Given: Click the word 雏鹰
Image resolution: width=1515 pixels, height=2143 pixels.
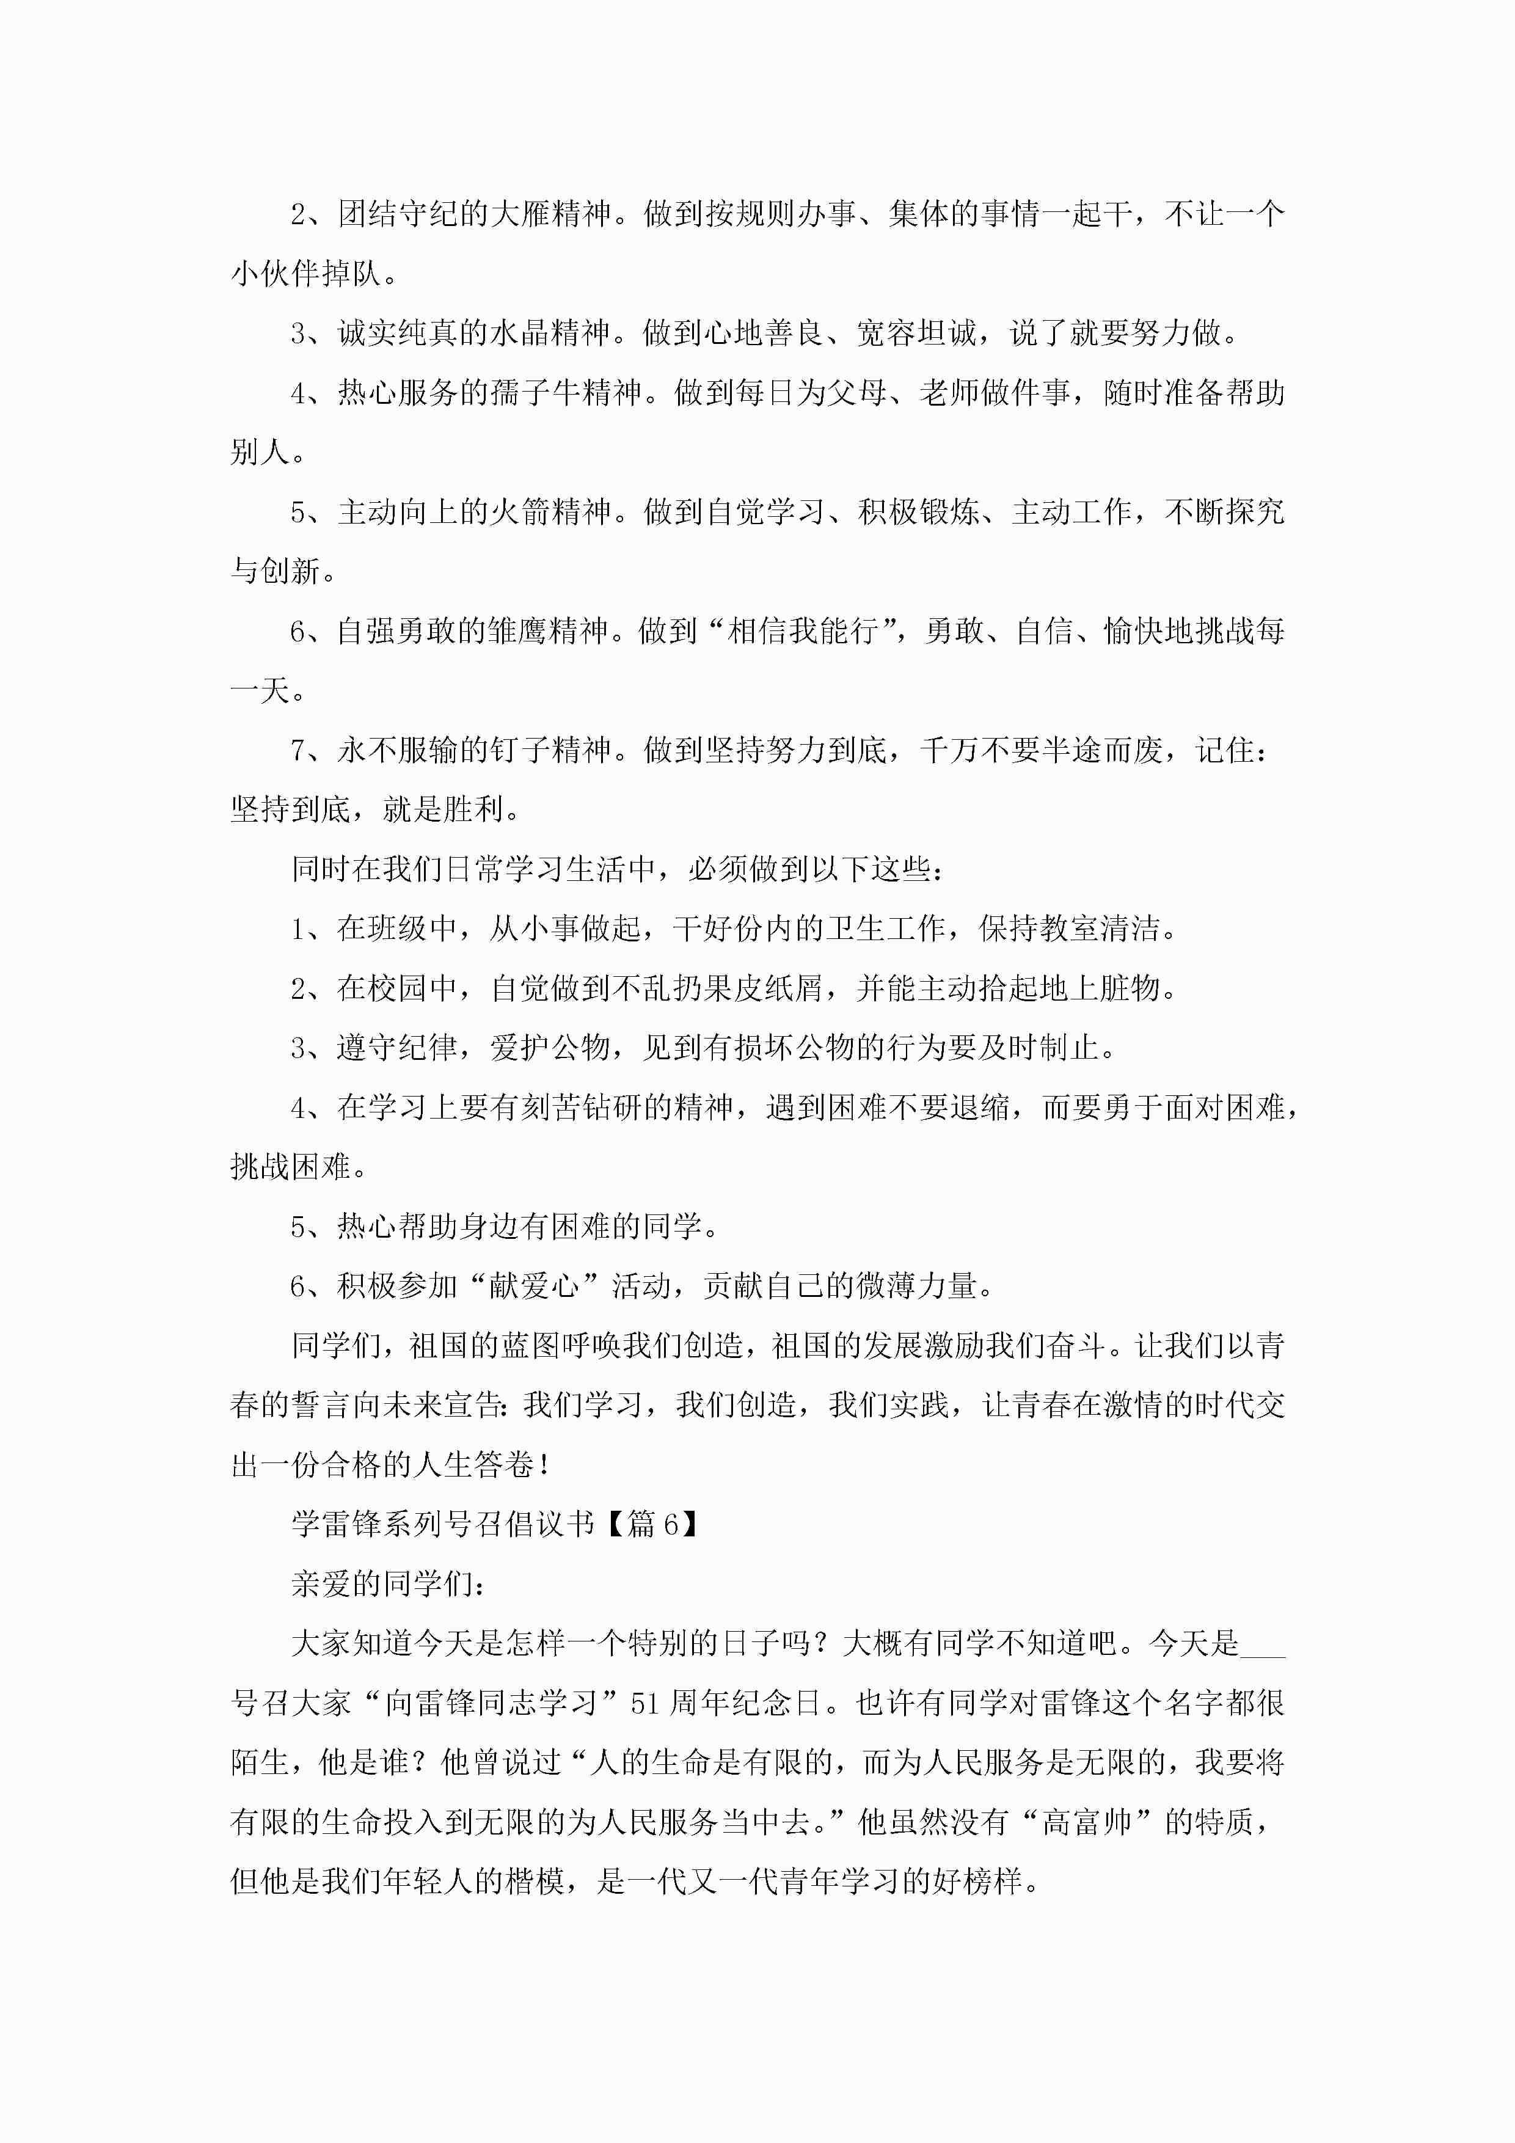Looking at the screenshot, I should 518,631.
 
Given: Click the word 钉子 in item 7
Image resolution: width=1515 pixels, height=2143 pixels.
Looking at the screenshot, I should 520,750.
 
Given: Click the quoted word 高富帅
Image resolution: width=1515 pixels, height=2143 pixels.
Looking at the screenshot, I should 1087,1822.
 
